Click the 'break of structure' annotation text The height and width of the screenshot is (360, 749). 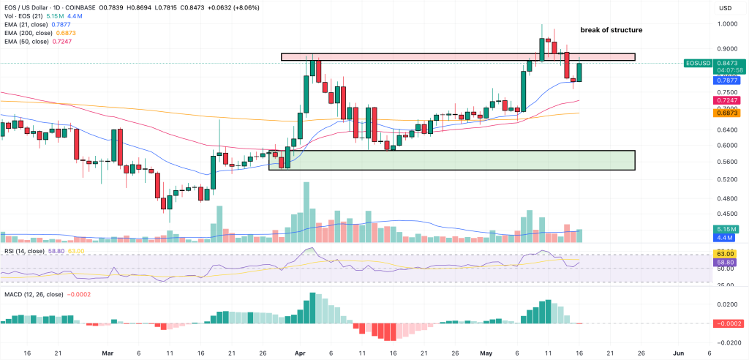[x=611, y=30]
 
